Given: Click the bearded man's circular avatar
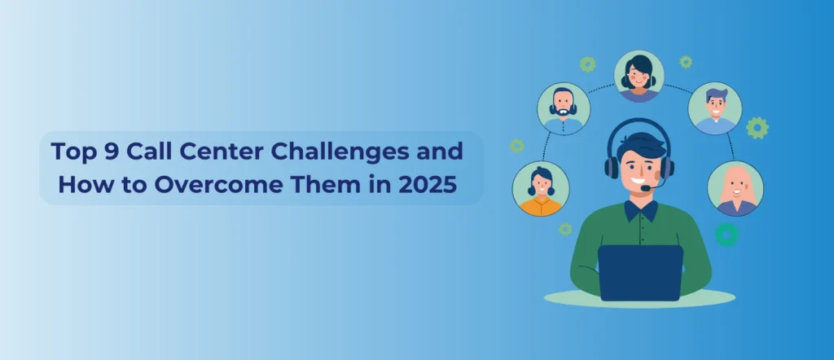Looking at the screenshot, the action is (x=564, y=109).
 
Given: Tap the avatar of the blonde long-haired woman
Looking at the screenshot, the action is (x=735, y=188).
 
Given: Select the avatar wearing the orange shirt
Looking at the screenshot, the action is (x=541, y=188).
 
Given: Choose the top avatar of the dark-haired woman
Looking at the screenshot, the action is (x=639, y=77).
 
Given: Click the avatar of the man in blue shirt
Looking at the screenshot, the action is (x=715, y=108).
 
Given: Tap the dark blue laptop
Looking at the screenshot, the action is (x=640, y=273).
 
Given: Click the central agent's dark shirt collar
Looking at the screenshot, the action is (x=640, y=211).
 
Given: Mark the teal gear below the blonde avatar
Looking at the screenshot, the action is (x=726, y=235).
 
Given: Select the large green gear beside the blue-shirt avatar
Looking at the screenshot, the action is (x=757, y=128).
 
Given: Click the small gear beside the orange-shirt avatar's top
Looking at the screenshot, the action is (x=516, y=146).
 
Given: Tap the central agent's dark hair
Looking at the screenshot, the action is (x=642, y=145).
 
